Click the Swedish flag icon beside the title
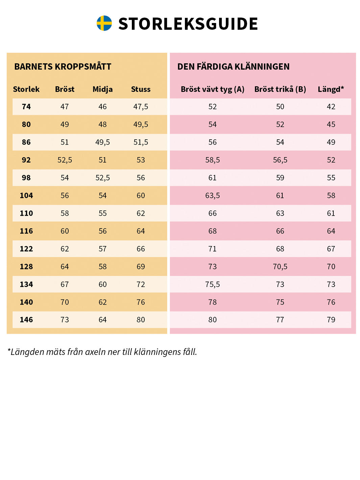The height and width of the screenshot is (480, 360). [x=104, y=23]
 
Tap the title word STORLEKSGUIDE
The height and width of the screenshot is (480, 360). [x=188, y=24]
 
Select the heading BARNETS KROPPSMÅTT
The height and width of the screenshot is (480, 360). [x=63, y=67]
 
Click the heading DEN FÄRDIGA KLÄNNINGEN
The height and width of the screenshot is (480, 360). [x=233, y=67]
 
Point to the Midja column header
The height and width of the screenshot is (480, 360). [x=102, y=89]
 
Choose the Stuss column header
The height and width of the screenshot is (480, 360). [x=141, y=89]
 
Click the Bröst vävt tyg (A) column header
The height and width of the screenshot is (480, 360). [x=212, y=89]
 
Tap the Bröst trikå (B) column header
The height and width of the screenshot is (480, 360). [x=280, y=89]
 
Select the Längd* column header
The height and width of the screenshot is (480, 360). [x=331, y=89]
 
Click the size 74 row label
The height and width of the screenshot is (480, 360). [x=26, y=107]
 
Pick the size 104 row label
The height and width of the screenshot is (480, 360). [x=26, y=196]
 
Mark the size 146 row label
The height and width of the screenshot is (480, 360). [x=26, y=320]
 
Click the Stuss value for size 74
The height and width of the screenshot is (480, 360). [x=141, y=107]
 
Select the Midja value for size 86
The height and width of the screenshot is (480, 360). [x=102, y=142]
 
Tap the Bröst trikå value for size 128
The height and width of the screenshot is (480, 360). [x=280, y=267]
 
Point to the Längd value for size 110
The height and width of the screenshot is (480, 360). [x=331, y=213]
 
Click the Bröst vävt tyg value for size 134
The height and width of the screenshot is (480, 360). [x=212, y=285]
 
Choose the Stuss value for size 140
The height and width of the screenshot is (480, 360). [x=141, y=302]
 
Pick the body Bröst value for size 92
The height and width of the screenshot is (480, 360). [x=65, y=160]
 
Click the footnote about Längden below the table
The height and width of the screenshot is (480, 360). [x=102, y=352]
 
